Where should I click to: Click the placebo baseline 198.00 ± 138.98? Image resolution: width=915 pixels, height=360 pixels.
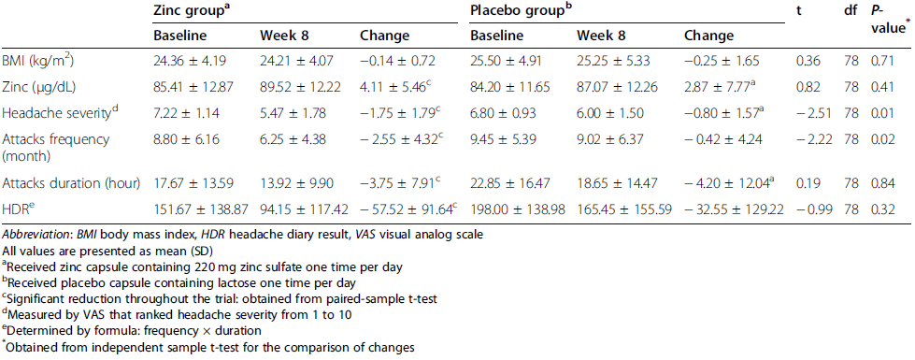517,209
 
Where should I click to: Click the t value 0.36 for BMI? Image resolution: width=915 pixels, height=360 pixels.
806,60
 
